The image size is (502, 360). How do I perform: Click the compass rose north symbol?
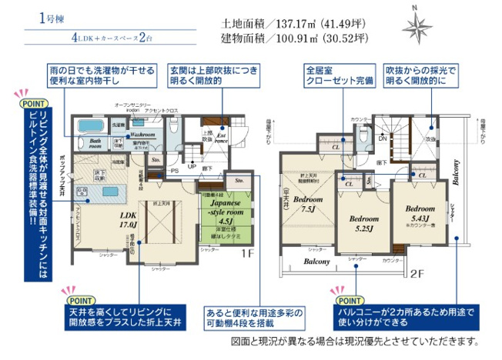(417, 28)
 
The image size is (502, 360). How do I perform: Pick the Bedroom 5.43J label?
(419, 215)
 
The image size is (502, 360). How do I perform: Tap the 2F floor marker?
(417, 272)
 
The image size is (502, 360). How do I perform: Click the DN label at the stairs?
(383, 139)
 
